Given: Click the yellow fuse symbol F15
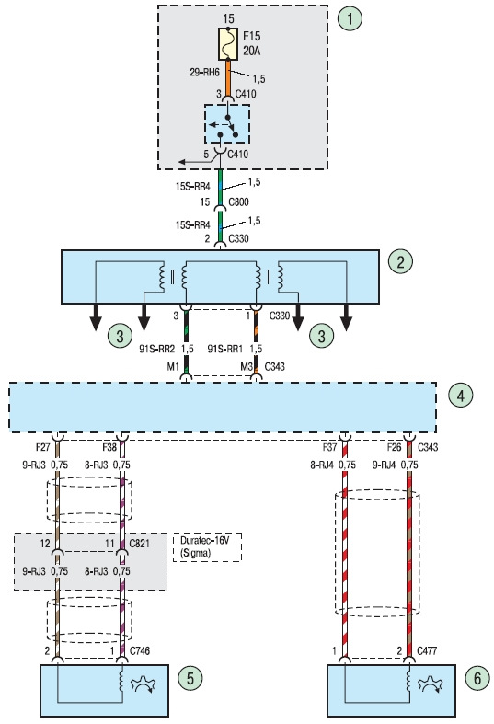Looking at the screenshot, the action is pyautogui.click(x=228, y=44).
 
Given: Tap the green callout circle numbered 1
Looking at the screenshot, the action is pyautogui.click(x=350, y=18).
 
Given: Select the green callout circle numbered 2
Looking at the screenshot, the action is pyautogui.click(x=400, y=262).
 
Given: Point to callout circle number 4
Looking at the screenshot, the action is pyautogui.click(x=461, y=396).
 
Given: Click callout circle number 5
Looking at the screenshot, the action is pyautogui.click(x=190, y=678).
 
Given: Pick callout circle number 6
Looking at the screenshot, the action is pyautogui.click(x=477, y=678).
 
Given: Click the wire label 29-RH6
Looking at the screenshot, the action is pyautogui.click(x=204, y=73).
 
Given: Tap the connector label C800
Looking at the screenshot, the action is pyautogui.click(x=238, y=201).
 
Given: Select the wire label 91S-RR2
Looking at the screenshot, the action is pyautogui.click(x=156, y=349).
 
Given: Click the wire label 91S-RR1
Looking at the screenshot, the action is pyautogui.click(x=224, y=349).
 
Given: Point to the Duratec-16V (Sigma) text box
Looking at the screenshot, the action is pyautogui.click(x=207, y=547).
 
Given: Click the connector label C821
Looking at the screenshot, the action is pyautogui.click(x=140, y=544).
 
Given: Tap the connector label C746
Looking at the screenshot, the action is pyautogui.click(x=140, y=651).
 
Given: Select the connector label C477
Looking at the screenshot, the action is pyautogui.click(x=427, y=651).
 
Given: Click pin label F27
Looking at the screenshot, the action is pyautogui.click(x=43, y=447).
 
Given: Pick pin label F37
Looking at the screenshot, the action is pyautogui.click(x=330, y=447).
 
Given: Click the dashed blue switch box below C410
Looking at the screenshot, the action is pyautogui.click(x=227, y=124).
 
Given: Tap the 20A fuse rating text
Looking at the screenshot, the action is pyautogui.click(x=252, y=51).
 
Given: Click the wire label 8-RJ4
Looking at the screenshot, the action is pyautogui.click(x=322, y=465).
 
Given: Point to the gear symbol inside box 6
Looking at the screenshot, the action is pyautogui.click(x=431, y=684).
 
